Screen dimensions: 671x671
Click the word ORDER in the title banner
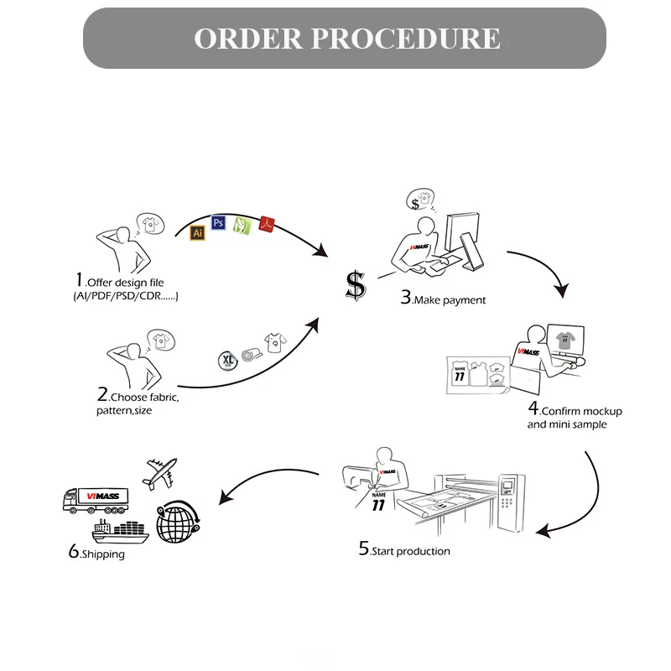coord(247,39)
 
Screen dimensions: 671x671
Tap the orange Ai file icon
coord(198,233)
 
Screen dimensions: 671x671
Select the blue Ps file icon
coord(218,222)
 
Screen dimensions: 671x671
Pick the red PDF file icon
coord(267,223)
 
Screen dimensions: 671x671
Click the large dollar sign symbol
coord(356,286)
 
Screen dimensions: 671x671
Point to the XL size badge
coord(227,359)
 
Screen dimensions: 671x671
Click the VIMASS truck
coord(95,500)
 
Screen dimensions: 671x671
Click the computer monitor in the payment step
coord(460,231)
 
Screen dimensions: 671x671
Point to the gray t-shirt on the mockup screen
coord(564,339)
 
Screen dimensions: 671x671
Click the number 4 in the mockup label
coord(533,409)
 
